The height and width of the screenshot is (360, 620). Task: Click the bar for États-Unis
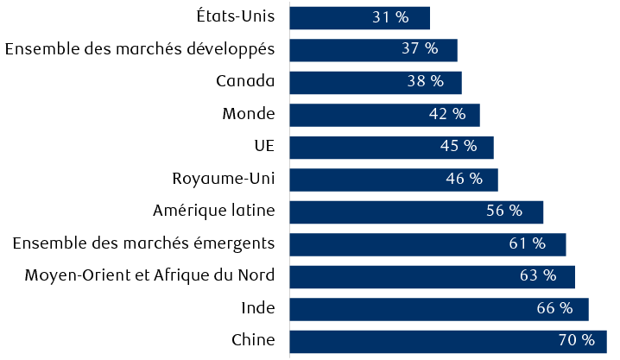coord(359,17)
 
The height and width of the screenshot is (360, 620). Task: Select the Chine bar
coord(447,340)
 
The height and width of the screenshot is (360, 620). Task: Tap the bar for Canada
coord(375,82)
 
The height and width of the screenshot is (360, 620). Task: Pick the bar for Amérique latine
coord(415,212)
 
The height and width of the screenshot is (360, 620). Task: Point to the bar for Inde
coord(439,308)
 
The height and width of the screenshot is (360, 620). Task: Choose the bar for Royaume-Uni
coord(393,180)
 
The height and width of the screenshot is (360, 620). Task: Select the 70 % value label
coord(577,340)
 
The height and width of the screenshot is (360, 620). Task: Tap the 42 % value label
coord(447,114)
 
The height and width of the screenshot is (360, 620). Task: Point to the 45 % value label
coord(459,147)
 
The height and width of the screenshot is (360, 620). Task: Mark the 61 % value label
coord(528,243)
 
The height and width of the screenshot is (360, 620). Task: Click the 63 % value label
coord(538,276)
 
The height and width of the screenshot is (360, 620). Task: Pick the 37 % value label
coord(420,49)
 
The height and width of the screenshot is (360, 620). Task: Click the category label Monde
coord(248,114)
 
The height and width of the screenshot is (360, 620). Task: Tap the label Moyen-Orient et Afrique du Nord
coord(149,276)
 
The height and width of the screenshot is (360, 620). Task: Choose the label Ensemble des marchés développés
coord(140,49)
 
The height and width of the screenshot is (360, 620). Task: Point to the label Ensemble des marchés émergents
coord(143,243)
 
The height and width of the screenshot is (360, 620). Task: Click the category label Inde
coord(257,308)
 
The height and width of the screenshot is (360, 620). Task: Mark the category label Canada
coord(245,82)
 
